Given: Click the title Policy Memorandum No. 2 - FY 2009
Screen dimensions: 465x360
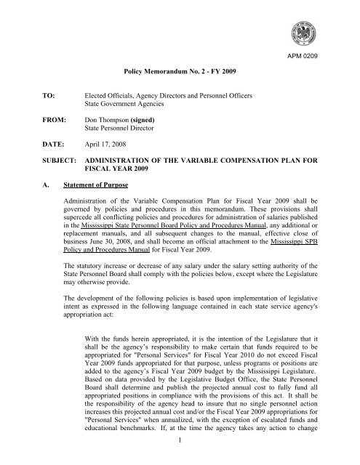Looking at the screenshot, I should (x=180, y=73).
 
